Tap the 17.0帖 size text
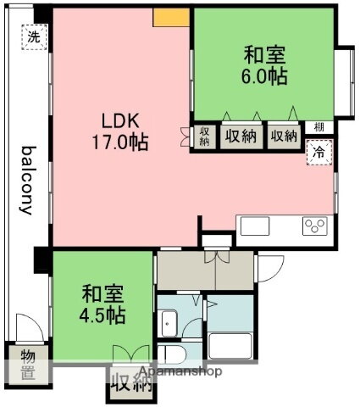coord(119,142)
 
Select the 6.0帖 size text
coord(264,76)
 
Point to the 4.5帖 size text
coord(102,315)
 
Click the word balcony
coord(27,180)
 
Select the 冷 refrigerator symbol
coord(318,154)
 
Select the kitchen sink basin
coord(255,226)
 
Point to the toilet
coord(170,354)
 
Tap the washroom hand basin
coord(168,321)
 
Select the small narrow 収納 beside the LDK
coord(205,136)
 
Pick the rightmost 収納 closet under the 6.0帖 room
coord(283,136)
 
